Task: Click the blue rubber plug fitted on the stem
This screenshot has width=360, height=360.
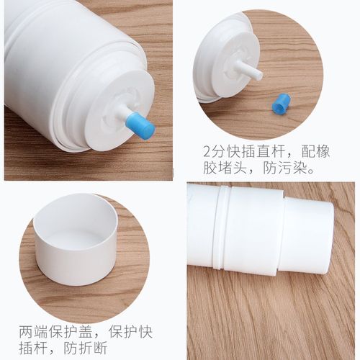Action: pos(140,126)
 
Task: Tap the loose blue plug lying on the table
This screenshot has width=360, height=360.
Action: pos(281,103)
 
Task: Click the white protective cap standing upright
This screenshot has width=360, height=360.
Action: pos(76,240)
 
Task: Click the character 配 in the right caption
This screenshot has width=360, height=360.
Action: pos(308,151)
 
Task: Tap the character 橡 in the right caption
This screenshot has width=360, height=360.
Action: pos(323,151)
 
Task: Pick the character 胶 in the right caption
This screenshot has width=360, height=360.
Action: pos(210,168)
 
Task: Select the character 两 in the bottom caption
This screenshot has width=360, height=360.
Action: pos(26,332)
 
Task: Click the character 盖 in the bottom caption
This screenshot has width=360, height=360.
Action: pos(86,332)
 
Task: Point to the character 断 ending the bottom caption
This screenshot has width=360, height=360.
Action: pos(100,348)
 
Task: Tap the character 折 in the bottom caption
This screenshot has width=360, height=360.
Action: pos(85,348)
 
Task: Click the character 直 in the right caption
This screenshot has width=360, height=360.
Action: pos(264,151)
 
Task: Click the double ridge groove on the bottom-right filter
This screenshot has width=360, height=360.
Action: pos(222,227)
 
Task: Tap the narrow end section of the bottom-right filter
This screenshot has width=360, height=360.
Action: pos(308,238)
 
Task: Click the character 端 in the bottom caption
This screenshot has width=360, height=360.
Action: pos(41,332)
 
